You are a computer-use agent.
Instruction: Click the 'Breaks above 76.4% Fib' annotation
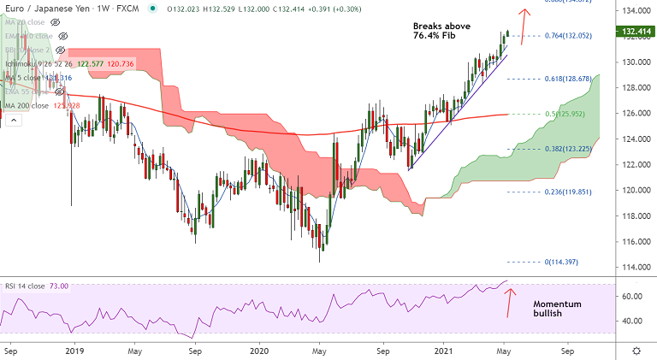pos(441,32)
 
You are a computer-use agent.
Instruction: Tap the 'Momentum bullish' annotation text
pos(557,309)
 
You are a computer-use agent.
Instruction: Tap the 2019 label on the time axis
pos(74,351)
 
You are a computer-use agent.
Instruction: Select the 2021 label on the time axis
pos(444,351)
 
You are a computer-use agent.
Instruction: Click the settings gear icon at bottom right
pos(637,351)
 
